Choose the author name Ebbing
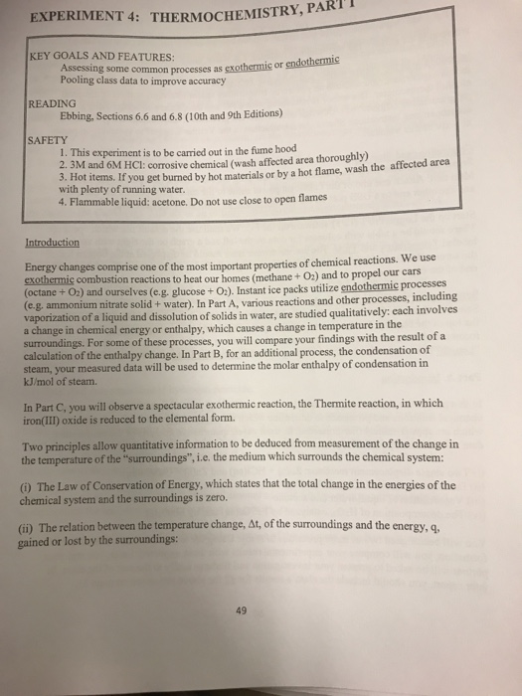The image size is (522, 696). click(81, 115)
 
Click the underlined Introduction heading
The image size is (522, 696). click(55, 241)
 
